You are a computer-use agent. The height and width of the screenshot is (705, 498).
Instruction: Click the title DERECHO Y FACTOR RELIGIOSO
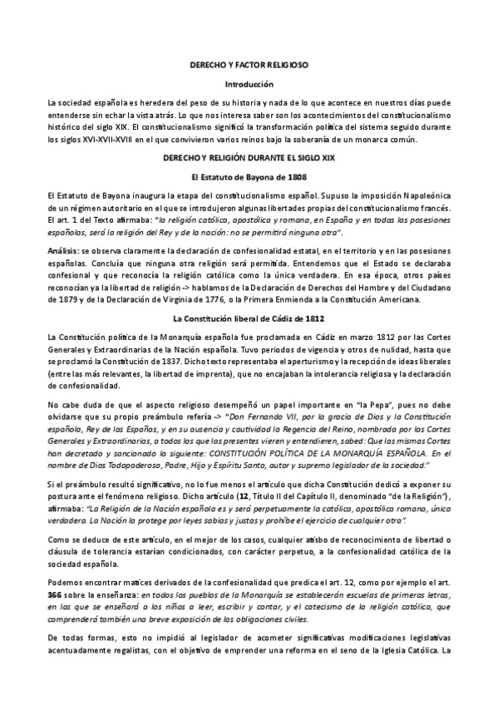point(249,65)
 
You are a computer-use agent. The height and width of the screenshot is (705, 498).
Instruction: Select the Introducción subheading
point(249,84)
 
